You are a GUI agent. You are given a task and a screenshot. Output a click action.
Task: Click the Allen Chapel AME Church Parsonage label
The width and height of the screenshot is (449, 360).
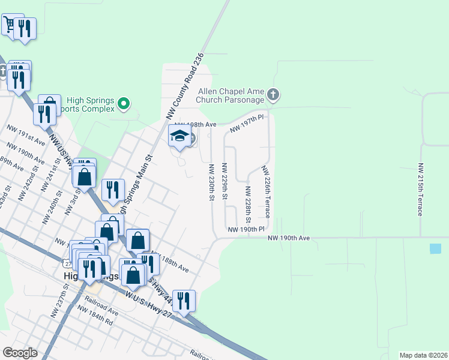231,95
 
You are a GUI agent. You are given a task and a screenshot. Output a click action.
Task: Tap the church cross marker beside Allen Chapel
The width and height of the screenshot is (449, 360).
273,94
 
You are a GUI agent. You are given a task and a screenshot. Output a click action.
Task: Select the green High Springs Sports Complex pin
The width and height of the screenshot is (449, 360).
124,104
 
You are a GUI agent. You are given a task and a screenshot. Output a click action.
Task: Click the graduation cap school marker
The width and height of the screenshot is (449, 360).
179,137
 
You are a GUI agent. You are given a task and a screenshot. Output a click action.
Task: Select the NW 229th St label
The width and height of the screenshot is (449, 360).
224,182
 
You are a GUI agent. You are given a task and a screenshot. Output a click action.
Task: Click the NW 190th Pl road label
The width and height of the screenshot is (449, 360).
246,229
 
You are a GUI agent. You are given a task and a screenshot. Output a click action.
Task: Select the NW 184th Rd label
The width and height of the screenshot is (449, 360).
95,315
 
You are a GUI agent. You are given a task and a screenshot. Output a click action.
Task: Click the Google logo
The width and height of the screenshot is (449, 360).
20,352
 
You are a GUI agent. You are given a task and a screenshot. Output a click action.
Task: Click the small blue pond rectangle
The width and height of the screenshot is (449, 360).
435,248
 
